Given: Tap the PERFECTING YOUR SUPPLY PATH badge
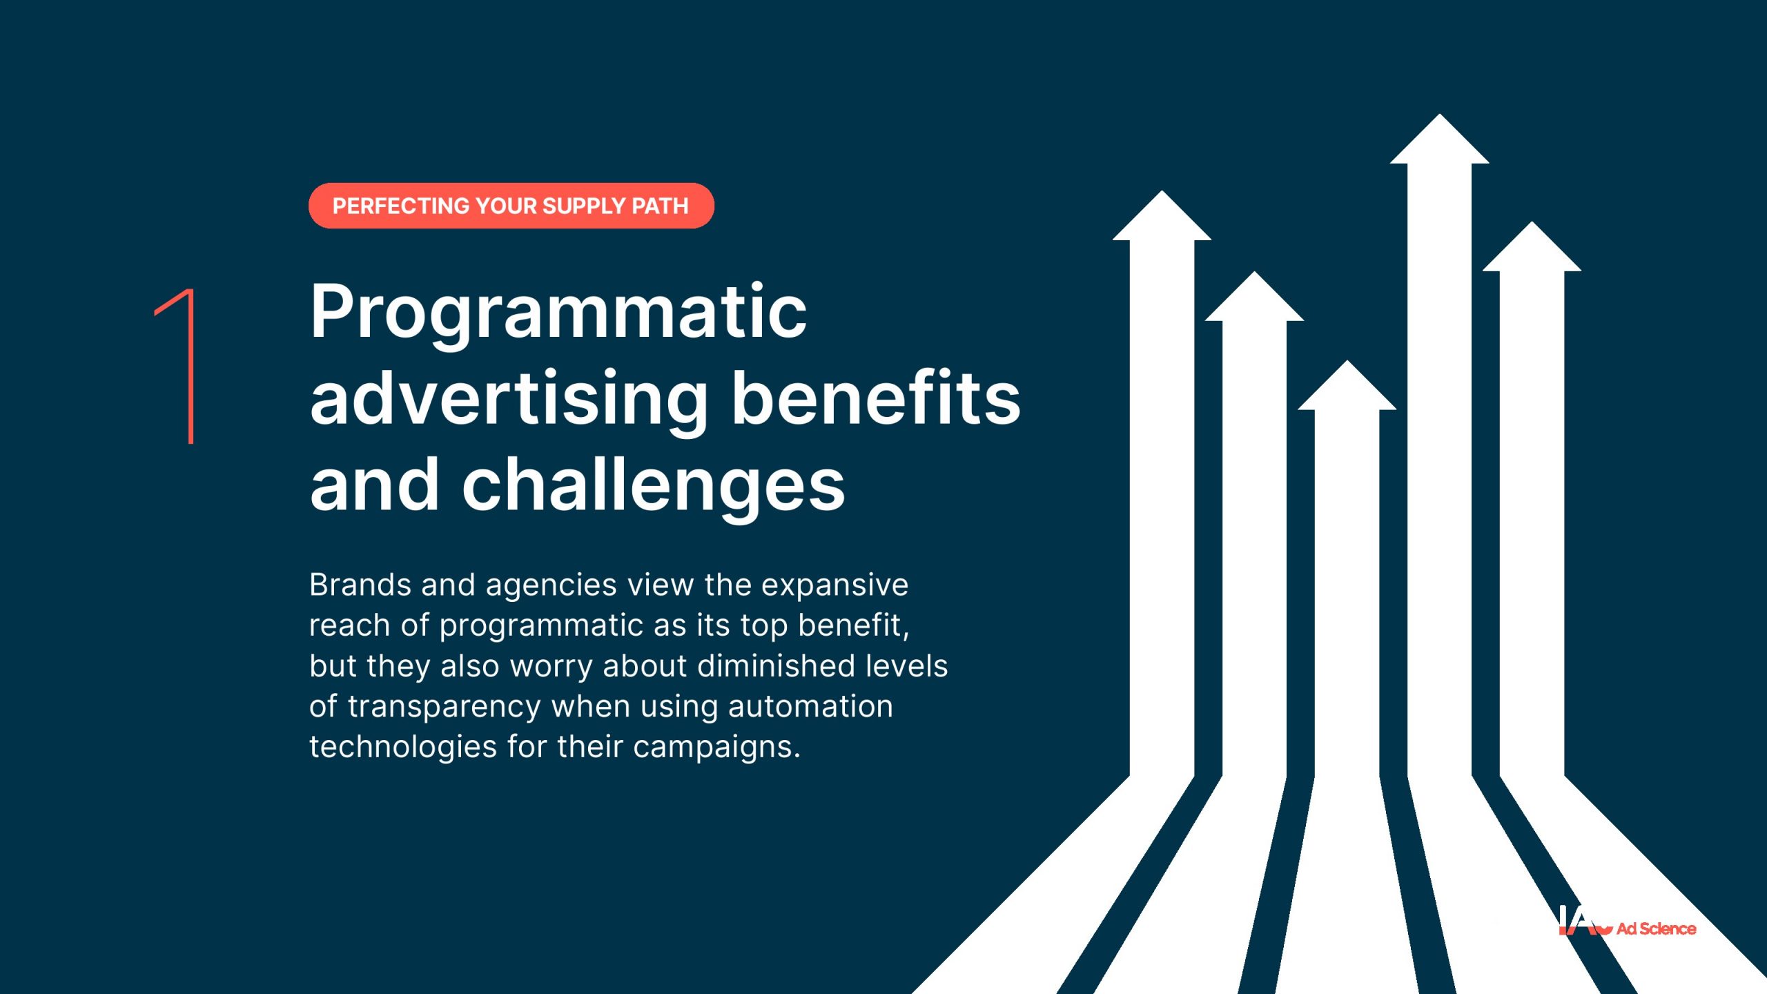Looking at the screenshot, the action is tap(511, 206).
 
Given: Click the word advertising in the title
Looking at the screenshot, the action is tap(509, 400).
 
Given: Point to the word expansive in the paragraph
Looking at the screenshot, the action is tap(834, 586).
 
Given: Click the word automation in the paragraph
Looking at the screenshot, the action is tap(810, 706).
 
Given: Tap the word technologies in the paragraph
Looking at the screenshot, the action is tap(403, 748).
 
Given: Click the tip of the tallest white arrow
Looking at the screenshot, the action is tap(1439, 114).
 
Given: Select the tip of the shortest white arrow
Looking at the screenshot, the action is tap(1347, 360).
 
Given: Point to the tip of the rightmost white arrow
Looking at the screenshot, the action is tap(1532, 222).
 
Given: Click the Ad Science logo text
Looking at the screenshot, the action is tap(1656, 928).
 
